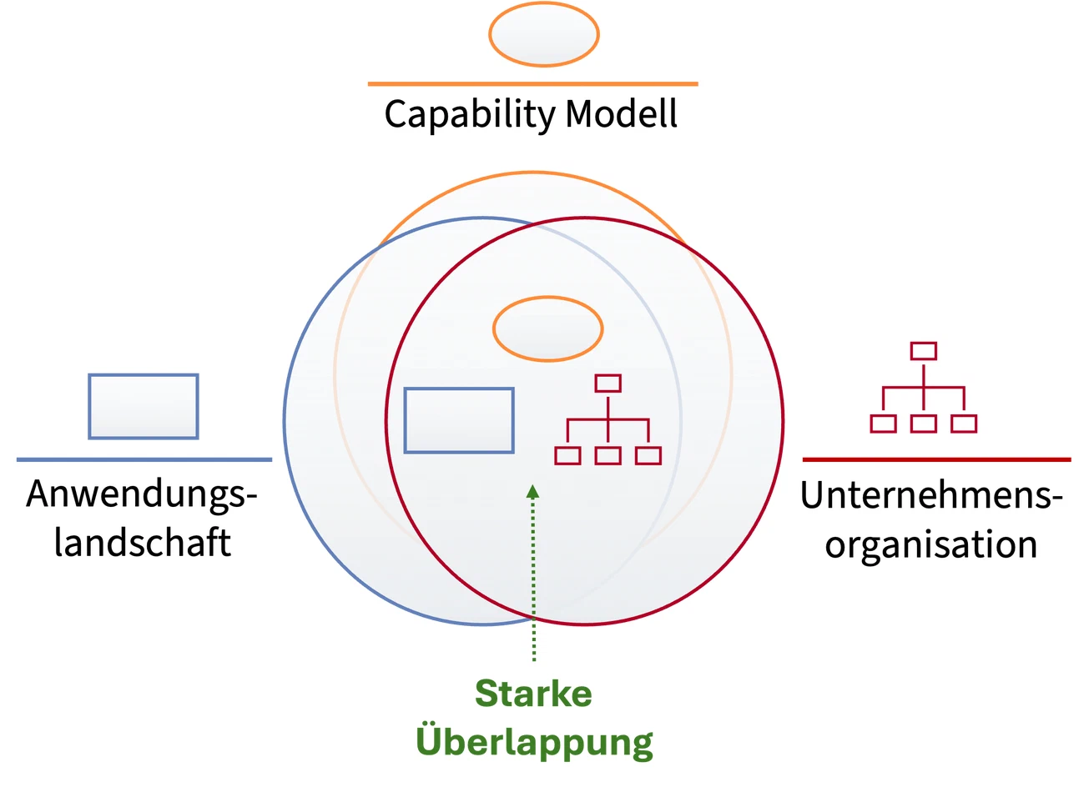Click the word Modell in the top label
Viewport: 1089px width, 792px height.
pyautogui.click(x=621, y=113)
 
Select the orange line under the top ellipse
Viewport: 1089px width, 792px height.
pyautogui.click(x=533, y=84)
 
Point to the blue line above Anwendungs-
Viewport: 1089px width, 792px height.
pyautogui.click(x=144, y=459)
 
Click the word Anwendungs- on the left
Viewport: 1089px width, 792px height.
pyautogui.click(x=142, y=495)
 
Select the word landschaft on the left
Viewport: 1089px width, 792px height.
pyautogui.click(x=143, y=543)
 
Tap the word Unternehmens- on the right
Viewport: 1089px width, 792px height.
pyautogui.click(x=931, y=496)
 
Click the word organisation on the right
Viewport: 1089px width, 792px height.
pyautogui.click(x=931, y=546)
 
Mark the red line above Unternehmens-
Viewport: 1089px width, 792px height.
pyautogui.click(x=936, y=459)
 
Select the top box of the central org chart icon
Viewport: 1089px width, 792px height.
pyautogui.click(x=608, y=383)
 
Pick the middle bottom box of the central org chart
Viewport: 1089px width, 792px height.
pyautogui.click(x=608, y=456)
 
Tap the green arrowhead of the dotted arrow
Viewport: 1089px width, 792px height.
pyautogui.click(x=533, y=491)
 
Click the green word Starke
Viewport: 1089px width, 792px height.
pyautogui.click(x=533, y=694)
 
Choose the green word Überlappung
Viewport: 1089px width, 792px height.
pyautogui.click(x=534, y=741)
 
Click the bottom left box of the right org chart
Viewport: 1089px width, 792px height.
pyautogui.click(x=883, y=424)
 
